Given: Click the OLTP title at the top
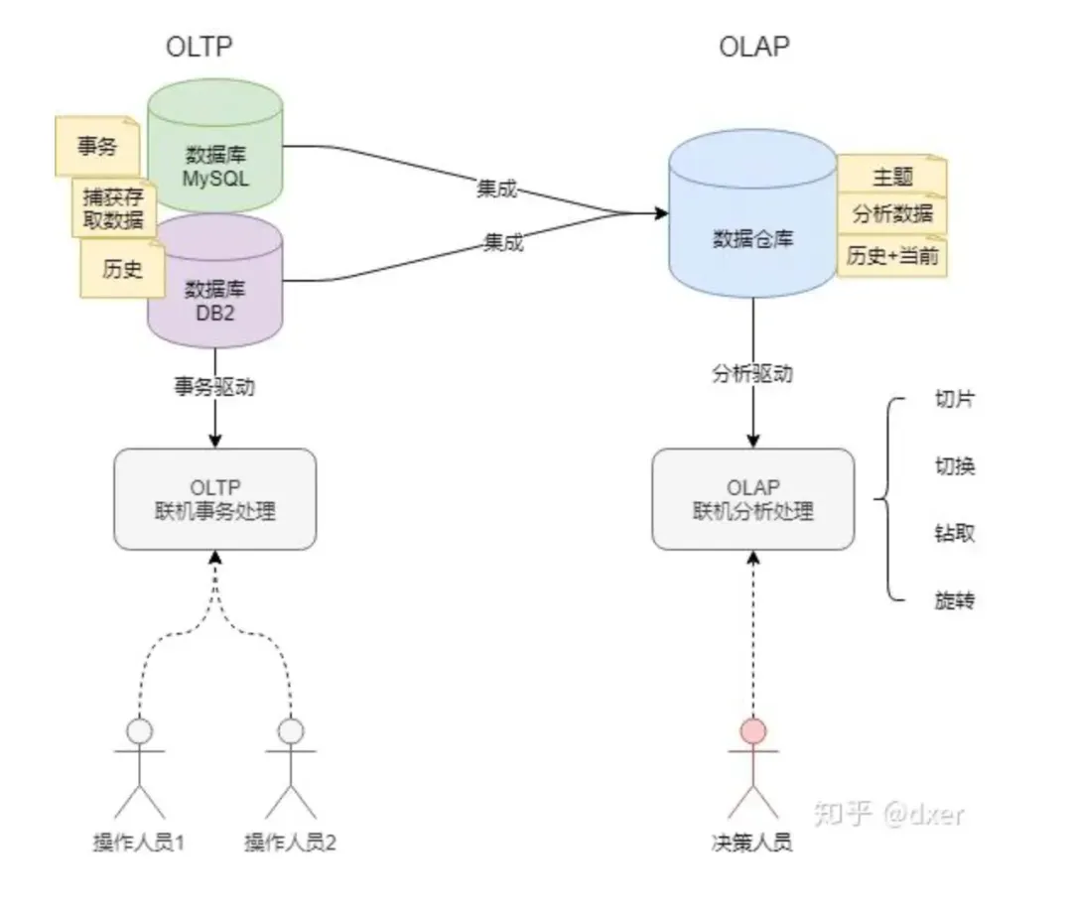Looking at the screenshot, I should click(x=204, y=46).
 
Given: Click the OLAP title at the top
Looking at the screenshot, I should click(x=754, y=46).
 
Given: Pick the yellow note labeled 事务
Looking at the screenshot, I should click(x=96, y=147).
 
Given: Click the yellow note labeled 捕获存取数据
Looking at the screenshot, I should click(x=113, y=207).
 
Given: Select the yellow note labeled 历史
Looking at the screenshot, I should click(x=122, y=269).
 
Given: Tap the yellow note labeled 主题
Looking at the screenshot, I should click(x=891, y=177).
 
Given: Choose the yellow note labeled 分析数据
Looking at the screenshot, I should click(x=891, y=214).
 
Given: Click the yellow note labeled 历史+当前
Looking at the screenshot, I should click(x=891, y=256).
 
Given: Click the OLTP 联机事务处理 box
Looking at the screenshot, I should click(x=215, y=499).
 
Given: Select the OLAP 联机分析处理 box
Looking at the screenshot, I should click(x=752, y=499).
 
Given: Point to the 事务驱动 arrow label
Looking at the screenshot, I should click(x=215, y=386).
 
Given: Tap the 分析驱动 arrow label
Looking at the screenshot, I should click(x=752, y=375).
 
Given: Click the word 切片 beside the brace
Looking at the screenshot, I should click(x=954, y=401).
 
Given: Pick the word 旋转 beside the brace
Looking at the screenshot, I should click(x=954, y=600).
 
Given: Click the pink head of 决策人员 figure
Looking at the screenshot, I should click(x=753, y=732).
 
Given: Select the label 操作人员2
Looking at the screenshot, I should click(x=290, y=843).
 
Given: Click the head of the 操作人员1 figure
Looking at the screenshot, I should click(x=139, y=732).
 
